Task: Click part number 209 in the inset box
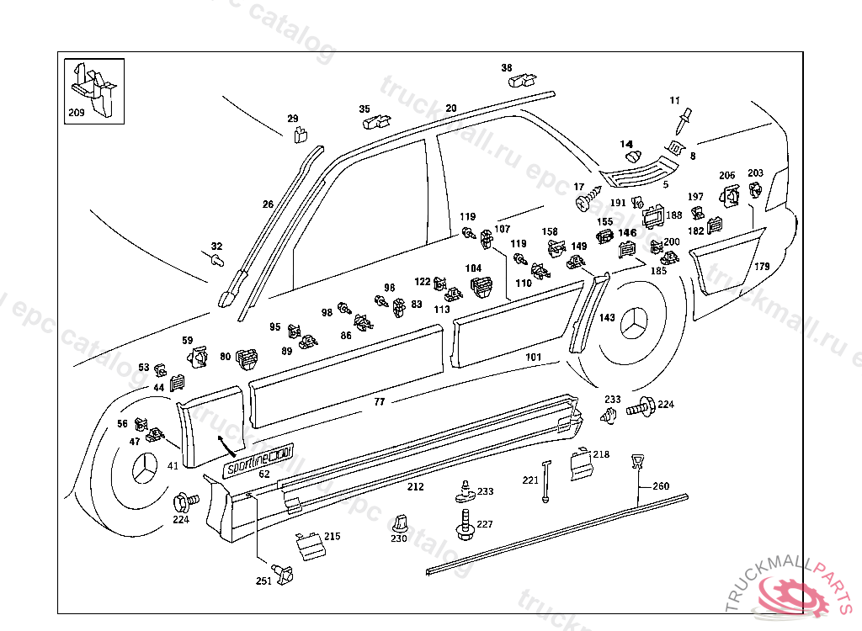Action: point(76,112)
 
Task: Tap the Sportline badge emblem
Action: point(257,463)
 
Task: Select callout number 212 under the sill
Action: point(415,486)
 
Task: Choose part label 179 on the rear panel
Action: point(761,267)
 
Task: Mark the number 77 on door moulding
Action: point(380,402)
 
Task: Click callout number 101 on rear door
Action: point(533,357)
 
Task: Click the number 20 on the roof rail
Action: point(451,109)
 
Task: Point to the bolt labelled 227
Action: point(465,524)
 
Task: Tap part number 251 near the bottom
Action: point(263,581)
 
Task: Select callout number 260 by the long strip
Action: point(661,486)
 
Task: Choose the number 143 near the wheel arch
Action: point(607,317)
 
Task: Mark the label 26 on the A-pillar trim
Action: point(268,204)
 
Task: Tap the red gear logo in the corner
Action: point(791,597)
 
